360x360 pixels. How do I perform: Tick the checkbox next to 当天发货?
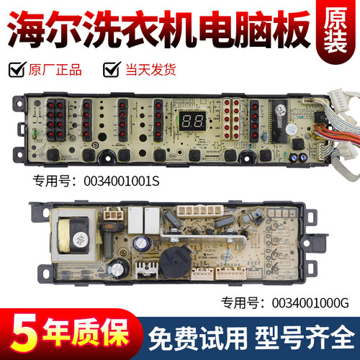point(110,70)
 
